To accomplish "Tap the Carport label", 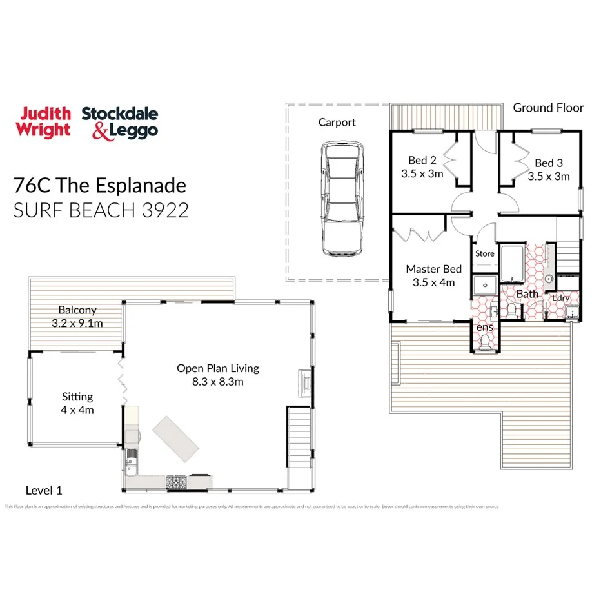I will coord(337,122).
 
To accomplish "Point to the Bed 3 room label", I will coord(549,163).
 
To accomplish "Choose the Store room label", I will coord(484,253).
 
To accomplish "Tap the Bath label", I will coord(527,294).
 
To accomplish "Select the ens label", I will coord(484,327).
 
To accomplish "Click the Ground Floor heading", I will coord(548,108).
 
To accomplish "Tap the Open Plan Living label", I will coord(218,369).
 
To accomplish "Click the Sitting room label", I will coord(77,397).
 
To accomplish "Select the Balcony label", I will coord(77,310).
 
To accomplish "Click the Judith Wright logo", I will coord(44,122).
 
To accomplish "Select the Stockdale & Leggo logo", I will coord(119,123).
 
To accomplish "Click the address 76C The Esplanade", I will coord(100,186).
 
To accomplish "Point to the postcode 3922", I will coord(164,210).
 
